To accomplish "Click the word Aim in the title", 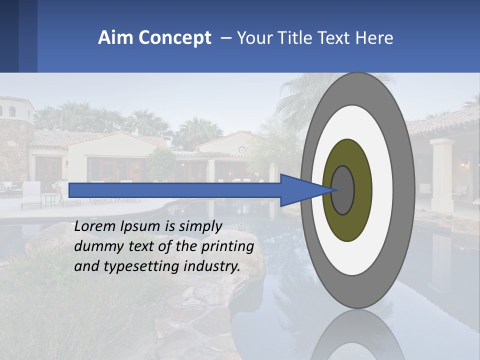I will point(115,38).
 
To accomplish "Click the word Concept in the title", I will point(174,38).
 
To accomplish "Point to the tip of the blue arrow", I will point(334,190).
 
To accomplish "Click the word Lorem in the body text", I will point(95,226).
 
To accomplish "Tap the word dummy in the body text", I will point(95,247).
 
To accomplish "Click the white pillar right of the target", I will point(442,175).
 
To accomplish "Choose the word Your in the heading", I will point(252,38).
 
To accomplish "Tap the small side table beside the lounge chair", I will point(50,199).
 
